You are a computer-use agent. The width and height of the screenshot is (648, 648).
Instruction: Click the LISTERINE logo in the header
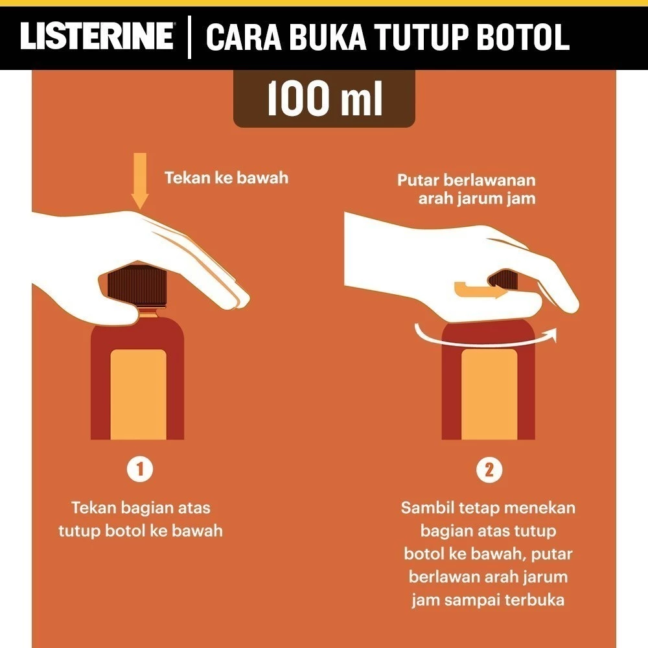point(97,37)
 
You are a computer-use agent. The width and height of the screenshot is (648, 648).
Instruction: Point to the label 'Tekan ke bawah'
point(226,178)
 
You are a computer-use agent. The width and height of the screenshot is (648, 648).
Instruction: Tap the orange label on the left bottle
point(138,394)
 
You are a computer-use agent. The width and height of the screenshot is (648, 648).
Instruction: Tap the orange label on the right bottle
point(489,394)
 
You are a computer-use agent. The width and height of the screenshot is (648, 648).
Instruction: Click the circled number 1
point(139,470)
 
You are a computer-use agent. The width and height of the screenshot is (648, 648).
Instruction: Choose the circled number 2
point(489,470)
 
